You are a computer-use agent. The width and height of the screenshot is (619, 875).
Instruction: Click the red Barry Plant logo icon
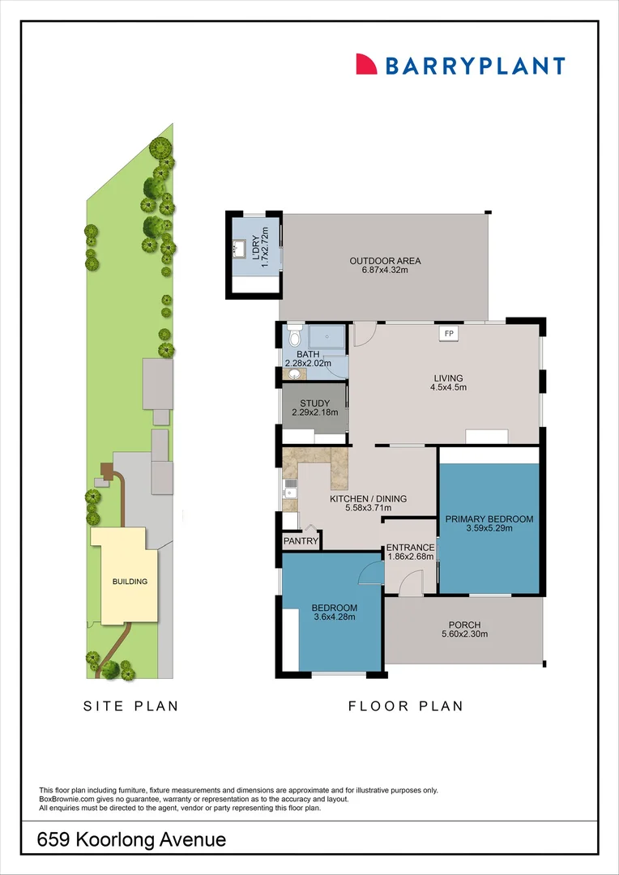(367, 65)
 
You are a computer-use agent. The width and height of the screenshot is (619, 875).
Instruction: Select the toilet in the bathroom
(294, 335)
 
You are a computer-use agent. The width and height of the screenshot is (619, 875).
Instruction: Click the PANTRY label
(299, 540)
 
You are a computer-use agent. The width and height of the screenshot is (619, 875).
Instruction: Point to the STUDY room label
(315, 403)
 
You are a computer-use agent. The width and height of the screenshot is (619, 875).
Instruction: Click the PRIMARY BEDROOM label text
(489, 519)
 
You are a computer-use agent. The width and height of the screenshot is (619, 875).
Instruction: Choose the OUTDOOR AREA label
(385, 261)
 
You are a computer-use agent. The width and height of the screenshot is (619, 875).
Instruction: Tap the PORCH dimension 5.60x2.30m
(464, 635)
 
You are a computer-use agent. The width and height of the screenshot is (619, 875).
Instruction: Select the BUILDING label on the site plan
(130, 581)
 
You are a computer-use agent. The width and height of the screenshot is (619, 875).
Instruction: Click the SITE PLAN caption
(131, 706)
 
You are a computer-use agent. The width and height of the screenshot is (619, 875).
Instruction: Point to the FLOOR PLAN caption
(406, 706)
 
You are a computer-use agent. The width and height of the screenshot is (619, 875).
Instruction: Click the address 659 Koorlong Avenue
(132, 840)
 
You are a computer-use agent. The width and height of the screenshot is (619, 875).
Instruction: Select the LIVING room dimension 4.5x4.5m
(448, 388)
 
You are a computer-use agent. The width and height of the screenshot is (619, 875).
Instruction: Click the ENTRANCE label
(410, 548)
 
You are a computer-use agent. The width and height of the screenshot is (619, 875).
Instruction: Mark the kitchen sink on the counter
(290, 489)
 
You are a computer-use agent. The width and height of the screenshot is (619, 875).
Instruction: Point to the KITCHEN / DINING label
(368, 499)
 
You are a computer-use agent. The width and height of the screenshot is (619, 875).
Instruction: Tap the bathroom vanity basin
(289, 374)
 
